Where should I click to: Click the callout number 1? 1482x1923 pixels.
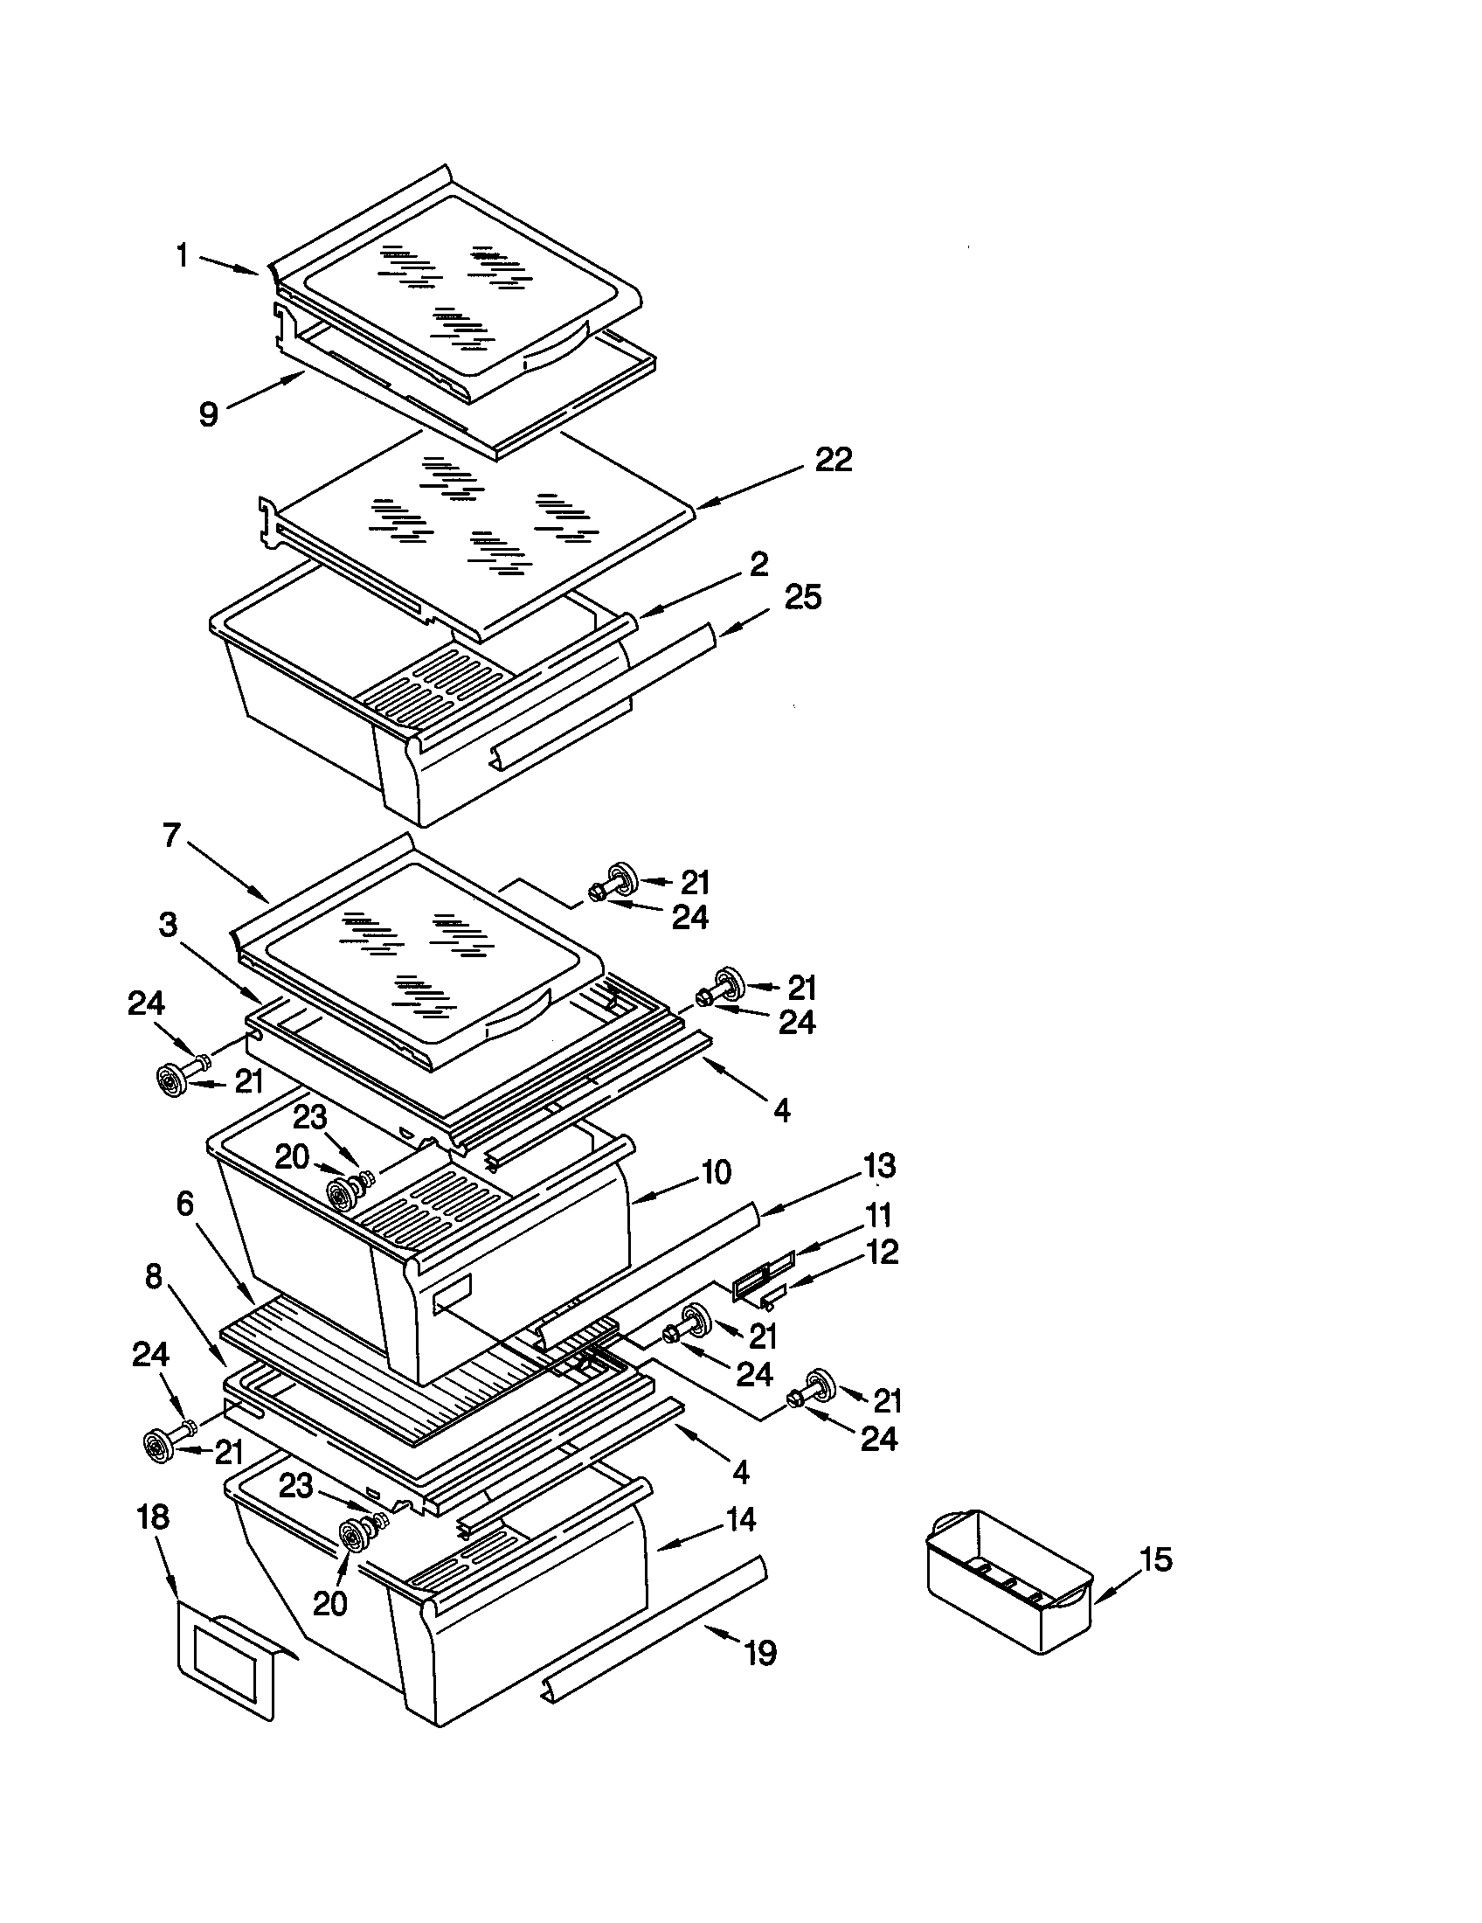pyautogui.click(x=182, y=256)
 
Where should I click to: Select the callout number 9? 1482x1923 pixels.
pyautogui.click(x=209, y=413)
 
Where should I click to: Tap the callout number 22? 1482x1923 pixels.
pyautogui.click(x=833, y=460)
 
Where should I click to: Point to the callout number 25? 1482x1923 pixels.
pyautogui.click(x=801, y=597)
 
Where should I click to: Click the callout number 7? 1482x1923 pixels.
pyautogui.click(x=171, y=835)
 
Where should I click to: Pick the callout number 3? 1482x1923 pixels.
pyautogui.click(x=167, y=924)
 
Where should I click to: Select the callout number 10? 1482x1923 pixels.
pyautogui.click(x=716, y=1172)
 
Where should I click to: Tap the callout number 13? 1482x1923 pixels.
pyautogui.click(x=879, y=1165)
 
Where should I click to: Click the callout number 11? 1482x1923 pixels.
pyautogui.click(x=878, y=1215)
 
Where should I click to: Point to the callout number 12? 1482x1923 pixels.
pyautogui.click(x=882, y=1251)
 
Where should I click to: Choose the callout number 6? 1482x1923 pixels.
pyautogui.click(x=184, y=1204)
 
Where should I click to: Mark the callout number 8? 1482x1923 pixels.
pyautogui.click(x=154, y=1276)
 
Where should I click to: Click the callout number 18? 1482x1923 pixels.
pyautogui.click(x=153, y=1517)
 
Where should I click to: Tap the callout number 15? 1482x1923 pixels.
pyautogui.click(x=1156, y=1559)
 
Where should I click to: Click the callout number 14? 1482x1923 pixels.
pyautogui.click(x=740, y=1519)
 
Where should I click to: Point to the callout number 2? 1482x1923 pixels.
pyautogui.click(x=758, y=563)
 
